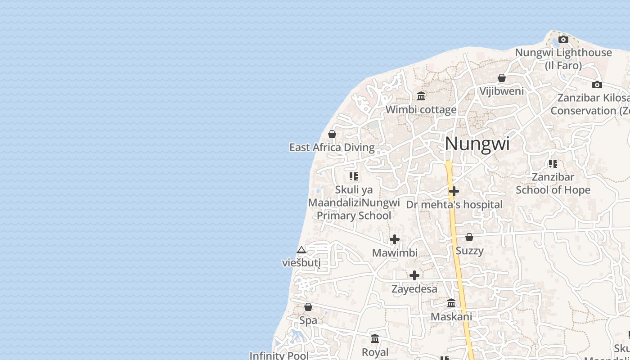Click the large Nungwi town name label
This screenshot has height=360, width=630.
coord(477,144)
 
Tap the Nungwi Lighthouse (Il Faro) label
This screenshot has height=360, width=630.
coord(563,59)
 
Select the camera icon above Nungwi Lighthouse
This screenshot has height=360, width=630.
coord(563,40)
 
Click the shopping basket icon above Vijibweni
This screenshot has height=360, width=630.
coord(502,78)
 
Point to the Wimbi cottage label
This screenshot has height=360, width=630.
coord(421,109)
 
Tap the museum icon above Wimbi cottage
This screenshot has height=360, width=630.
coord(421,96)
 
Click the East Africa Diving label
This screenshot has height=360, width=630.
coord(332,148)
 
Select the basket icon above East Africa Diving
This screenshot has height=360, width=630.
coord(332,134)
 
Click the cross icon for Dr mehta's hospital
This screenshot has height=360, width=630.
coord(454,191)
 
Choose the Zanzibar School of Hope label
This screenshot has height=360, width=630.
coord(553,184)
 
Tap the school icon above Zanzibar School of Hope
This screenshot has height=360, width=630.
coord(553,164)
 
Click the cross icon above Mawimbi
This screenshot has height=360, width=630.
coord(395,239)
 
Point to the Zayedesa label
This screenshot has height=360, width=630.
coord(414,289)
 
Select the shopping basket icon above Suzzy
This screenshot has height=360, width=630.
coord(469,237)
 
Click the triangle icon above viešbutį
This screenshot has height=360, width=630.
coord(301,250)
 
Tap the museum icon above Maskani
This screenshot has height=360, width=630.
coord(451,303)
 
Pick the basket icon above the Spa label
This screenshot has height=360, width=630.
coord(308,307)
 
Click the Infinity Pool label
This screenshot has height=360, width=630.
coord(279,355)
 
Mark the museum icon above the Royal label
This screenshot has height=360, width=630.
coord(375,338)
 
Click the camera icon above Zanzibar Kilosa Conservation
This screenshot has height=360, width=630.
coord(597,85)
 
